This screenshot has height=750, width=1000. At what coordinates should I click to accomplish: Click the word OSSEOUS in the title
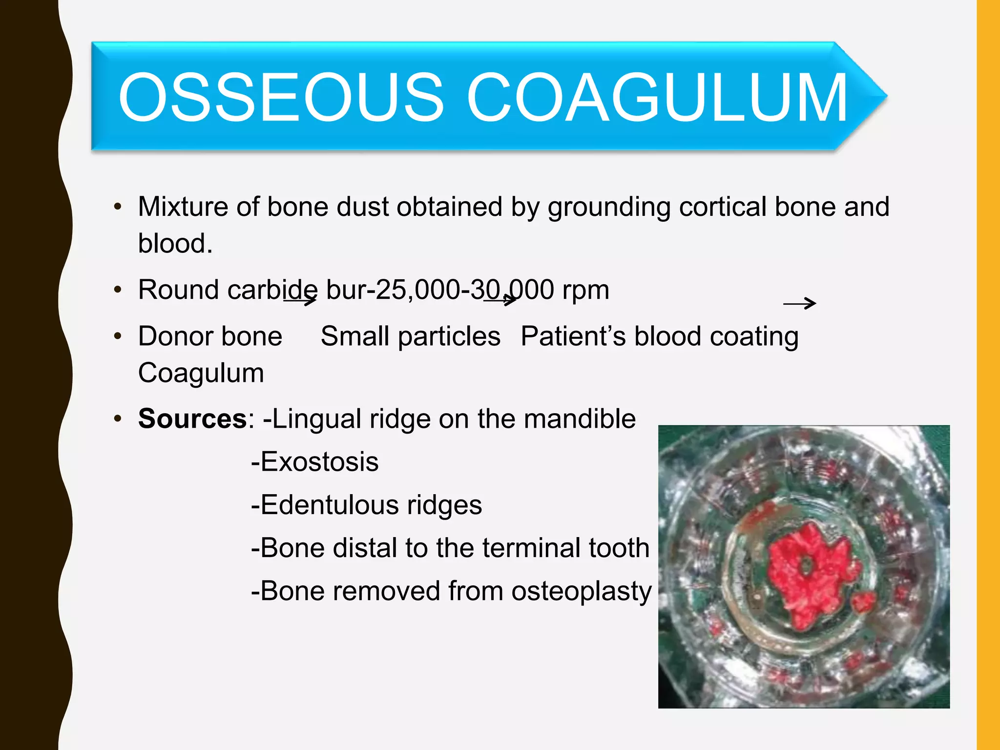[281, 97]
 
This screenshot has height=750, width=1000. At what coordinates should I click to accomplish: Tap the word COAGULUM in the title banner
[657, 97]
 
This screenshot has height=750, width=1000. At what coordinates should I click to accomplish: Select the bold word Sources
[192, 419]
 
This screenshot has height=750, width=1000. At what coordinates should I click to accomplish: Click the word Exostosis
[319, 462]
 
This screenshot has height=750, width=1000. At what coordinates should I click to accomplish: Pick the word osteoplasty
[581, 592]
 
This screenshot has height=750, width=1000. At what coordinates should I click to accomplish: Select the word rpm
[585, 291]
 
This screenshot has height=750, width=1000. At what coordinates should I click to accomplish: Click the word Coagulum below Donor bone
[201, 374]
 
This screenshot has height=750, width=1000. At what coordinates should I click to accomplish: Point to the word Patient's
[573, 336]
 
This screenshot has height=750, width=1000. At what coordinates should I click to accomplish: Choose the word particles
[449, 337]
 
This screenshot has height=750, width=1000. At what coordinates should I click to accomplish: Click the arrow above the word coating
[799, 304]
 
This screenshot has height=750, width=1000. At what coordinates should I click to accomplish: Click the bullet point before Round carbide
[117, 290]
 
